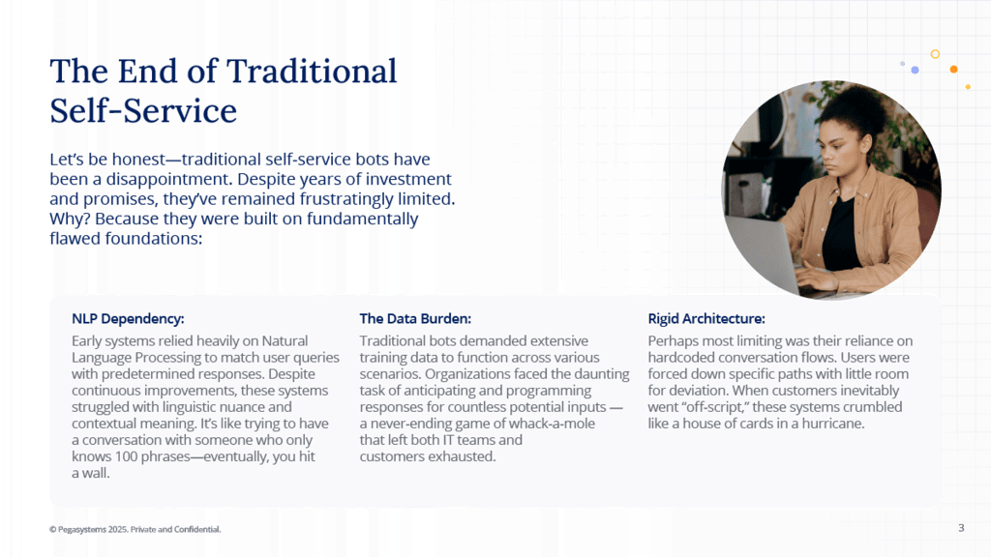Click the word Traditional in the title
[312, 71]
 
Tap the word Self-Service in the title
[143, 110]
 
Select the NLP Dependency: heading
[128, 319]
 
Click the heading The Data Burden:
[415, 319]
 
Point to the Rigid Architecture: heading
[706, 319]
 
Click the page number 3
[961, 528]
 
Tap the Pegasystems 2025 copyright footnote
[135, 529]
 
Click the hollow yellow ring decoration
[936, 54]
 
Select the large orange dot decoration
[953, 70]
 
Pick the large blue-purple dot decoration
[915, 70]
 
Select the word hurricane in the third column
[832, 424]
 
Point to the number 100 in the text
[126, 456]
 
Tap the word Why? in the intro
[70, 220]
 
